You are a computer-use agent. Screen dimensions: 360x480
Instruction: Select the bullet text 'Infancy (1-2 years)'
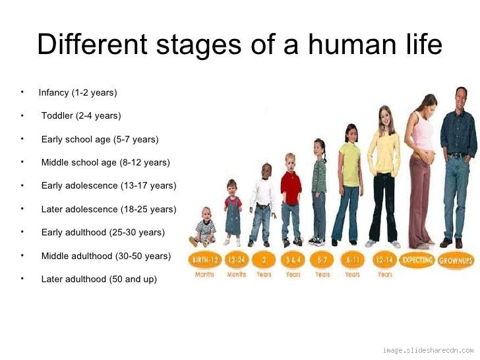tap(77, 92)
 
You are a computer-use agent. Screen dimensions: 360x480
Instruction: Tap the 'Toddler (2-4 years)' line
tap(81, 115)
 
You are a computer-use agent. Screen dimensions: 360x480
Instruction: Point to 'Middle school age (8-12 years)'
tap(105, 162)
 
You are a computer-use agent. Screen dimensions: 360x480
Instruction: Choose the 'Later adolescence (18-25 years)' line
tap(109, 209)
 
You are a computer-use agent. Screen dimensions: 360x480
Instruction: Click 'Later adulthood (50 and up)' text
tap(99, 279)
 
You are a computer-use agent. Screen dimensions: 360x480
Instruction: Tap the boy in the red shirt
tap(291, 198)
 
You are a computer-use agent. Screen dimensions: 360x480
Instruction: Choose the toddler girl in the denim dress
tap(233, 211)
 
